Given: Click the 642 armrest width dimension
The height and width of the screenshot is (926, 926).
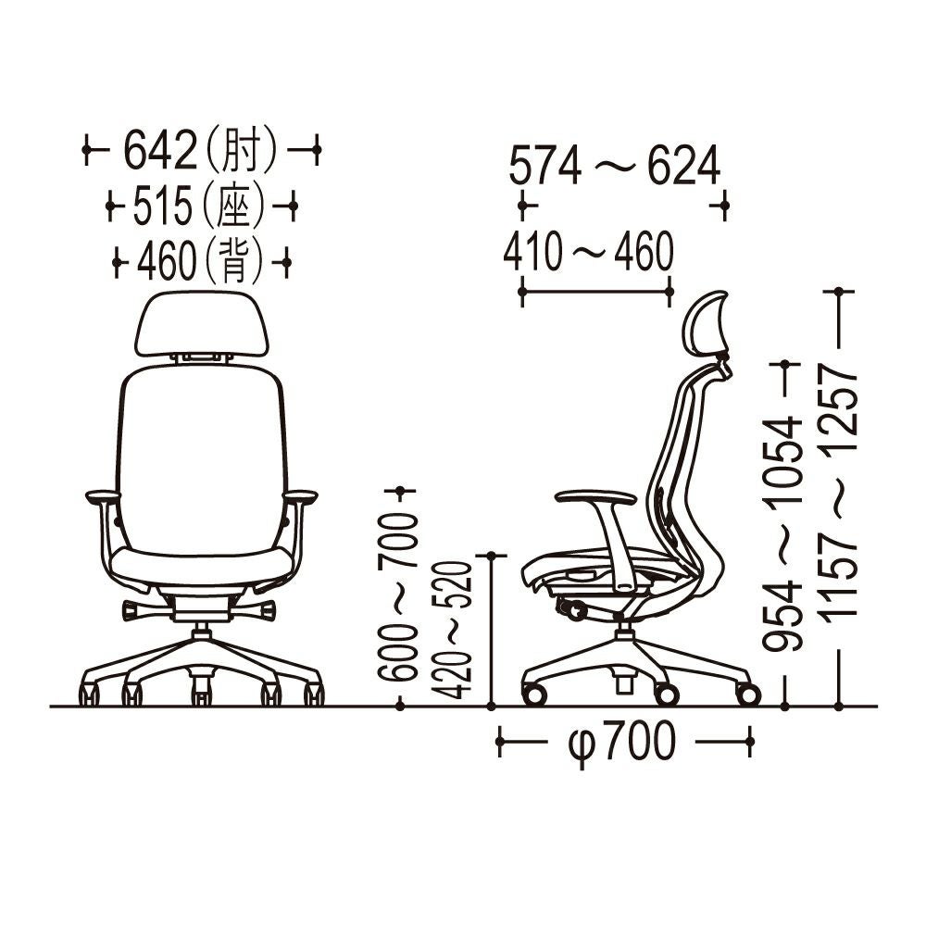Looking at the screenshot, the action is click(x=160, y=149).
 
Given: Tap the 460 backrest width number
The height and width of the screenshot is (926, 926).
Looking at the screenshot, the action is click(x=166, y=261).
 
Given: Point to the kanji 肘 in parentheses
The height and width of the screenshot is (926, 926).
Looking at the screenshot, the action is click(x=242, y=149).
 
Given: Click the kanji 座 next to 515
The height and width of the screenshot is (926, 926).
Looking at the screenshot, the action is click(x=234, y=206).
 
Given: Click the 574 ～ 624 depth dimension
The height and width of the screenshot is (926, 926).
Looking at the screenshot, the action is click(x=615, y=165).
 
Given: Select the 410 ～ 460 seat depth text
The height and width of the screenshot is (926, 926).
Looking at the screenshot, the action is click(x=588, y=251).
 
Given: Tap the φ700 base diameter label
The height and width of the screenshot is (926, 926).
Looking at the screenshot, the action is click(x=621, y=741).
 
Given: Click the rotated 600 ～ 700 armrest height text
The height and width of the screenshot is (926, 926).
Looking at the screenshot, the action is click(x=397, y=597).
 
